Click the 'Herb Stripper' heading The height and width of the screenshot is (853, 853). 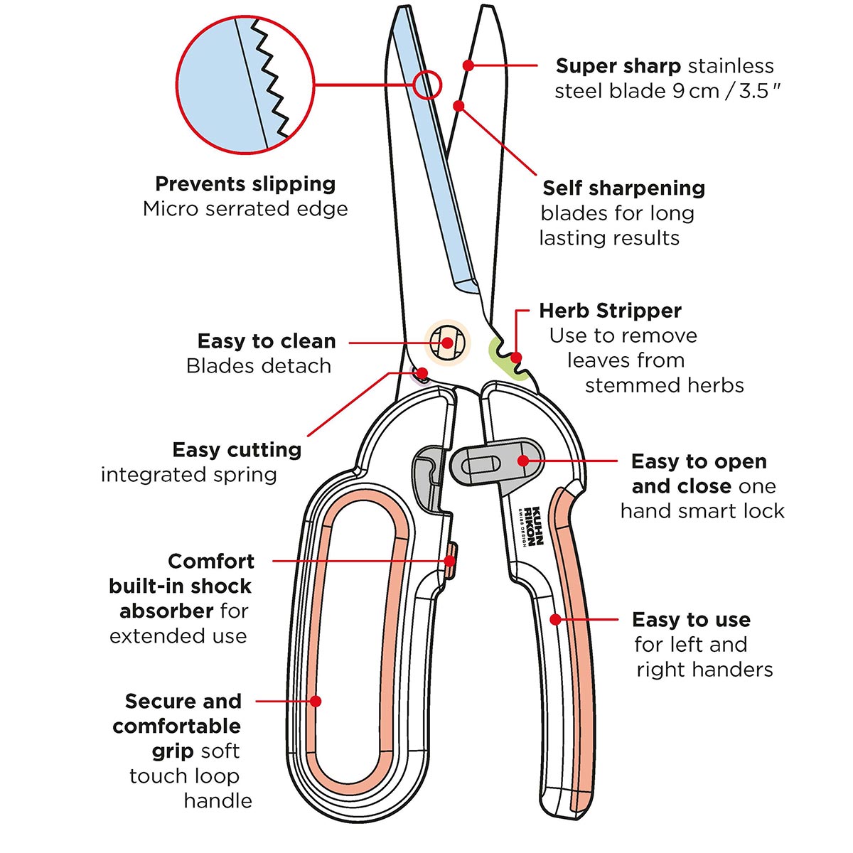610,311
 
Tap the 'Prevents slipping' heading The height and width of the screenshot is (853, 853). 245,184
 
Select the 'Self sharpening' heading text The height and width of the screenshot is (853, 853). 623,188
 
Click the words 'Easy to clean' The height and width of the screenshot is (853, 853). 267,341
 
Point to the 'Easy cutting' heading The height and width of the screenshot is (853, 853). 237,450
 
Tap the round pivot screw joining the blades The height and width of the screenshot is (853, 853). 447,343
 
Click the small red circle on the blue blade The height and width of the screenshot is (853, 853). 427,85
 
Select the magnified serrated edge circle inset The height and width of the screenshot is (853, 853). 245,85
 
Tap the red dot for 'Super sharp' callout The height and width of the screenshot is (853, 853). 468,65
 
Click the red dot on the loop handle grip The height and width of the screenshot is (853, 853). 316,702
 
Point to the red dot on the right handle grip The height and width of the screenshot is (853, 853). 556,620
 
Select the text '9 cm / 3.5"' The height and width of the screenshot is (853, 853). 725,91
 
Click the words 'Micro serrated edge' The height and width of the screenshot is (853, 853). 245,209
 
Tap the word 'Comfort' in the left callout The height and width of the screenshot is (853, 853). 211,562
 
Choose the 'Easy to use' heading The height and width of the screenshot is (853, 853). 691,620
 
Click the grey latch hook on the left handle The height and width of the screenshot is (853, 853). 426,473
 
